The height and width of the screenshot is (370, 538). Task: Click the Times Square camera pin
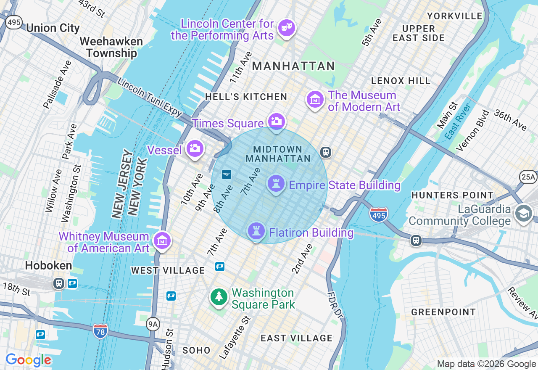coord(276,122)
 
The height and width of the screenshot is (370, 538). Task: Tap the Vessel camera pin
coord(195,148)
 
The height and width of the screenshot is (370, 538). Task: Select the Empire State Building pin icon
coord(276,184)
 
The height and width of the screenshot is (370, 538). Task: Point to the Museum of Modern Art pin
coord(315,100)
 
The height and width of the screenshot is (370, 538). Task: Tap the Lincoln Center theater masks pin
coord(287,28)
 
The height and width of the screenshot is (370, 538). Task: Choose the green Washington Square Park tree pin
coord(219,297)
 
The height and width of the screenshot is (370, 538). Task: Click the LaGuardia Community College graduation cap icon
coord(524,214)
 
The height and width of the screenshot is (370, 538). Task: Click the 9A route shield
coord(153,324)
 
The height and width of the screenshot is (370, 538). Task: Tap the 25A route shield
coord(528,177)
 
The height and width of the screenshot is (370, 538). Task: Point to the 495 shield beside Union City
coord(14,22)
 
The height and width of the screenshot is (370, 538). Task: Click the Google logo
coord(28,360)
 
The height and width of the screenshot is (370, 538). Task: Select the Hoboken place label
coord(42,266)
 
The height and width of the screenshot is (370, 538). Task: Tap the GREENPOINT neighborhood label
coord(443,312)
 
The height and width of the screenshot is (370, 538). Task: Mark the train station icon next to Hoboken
coord(59,283)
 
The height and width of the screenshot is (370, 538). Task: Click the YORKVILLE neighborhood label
coord(455,16)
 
